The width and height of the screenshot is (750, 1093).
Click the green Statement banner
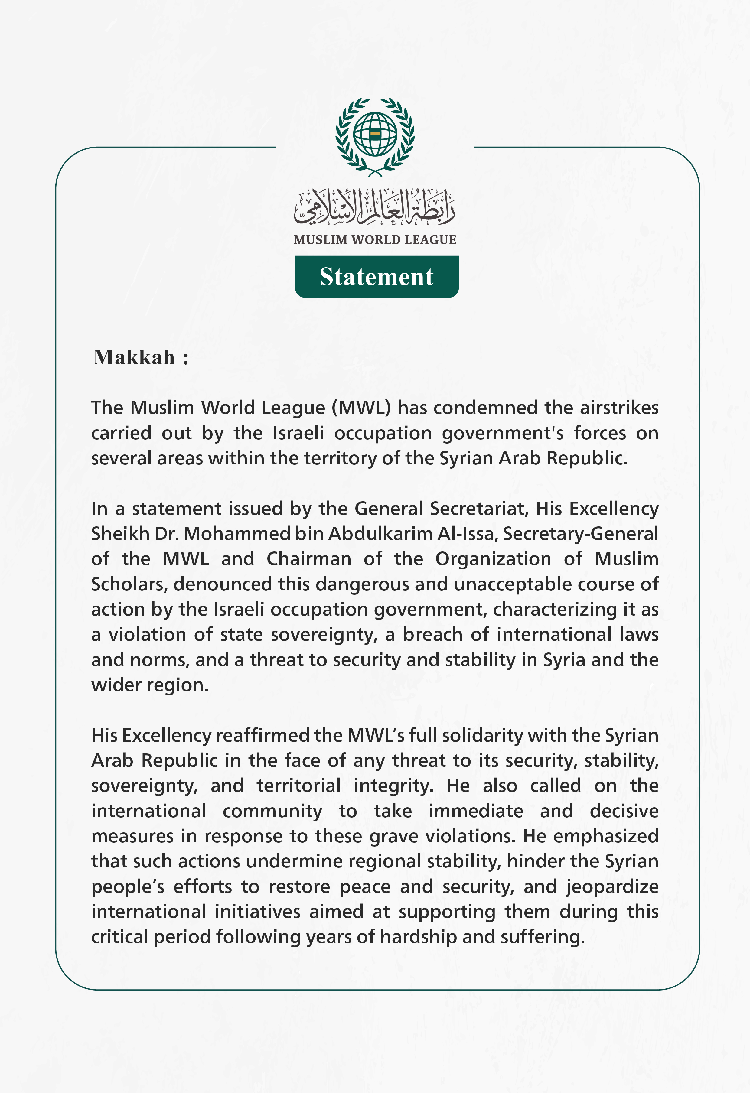pos(377,277)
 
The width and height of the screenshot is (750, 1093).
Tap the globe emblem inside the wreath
pos(375,134)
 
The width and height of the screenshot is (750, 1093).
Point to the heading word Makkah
pos(134,357)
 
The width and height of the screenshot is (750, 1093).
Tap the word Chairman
pos(309,559)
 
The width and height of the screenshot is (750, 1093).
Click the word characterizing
pos(555,610)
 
